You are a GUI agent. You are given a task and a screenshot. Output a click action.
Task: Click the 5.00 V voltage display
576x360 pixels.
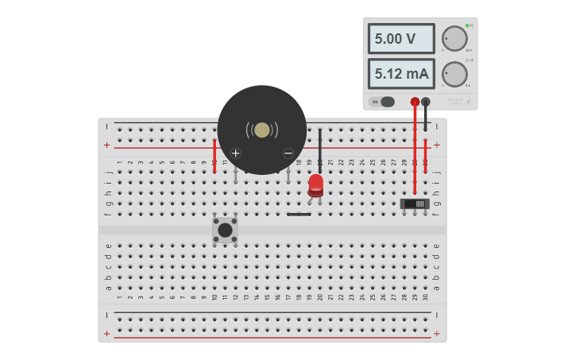400,38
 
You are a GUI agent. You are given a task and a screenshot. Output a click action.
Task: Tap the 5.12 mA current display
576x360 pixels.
400,74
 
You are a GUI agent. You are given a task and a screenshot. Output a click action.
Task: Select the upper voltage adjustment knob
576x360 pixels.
454,38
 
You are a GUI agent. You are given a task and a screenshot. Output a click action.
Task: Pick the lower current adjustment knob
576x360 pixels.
454,74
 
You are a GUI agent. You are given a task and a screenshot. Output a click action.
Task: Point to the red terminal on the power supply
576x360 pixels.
415,102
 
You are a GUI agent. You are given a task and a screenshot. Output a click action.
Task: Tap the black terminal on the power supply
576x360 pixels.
426,102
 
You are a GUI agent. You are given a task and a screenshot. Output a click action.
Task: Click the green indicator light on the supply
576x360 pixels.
467,25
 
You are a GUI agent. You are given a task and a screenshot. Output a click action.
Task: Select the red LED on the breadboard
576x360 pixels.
316,185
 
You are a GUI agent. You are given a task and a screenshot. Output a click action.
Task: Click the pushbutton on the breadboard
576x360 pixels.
225,230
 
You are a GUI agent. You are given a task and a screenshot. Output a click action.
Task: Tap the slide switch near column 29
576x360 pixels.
415,203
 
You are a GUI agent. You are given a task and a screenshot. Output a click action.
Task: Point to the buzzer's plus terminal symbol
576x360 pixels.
235,153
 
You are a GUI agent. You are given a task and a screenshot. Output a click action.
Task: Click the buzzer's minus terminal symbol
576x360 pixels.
288,153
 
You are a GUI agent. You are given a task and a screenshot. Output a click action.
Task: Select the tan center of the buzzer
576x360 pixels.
262,130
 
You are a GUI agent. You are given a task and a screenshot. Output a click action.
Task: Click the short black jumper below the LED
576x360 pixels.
299,214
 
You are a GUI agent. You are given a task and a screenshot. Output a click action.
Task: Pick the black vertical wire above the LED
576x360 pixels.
320,147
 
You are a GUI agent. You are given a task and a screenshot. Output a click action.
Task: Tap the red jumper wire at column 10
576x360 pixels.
215,157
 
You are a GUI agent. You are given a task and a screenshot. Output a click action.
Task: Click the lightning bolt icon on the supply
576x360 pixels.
467,102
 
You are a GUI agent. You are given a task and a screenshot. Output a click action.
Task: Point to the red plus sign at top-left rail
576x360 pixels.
107,145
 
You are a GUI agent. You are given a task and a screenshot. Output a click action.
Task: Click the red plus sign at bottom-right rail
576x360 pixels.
436,334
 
